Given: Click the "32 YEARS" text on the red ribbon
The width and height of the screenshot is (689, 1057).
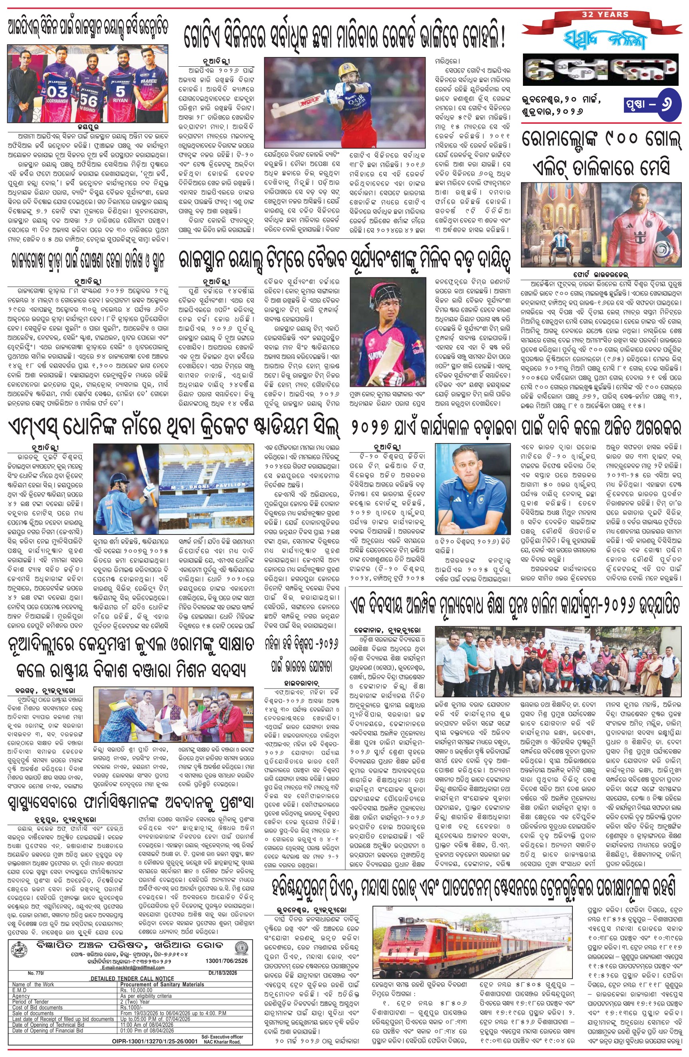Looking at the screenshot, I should (x=606, y=14).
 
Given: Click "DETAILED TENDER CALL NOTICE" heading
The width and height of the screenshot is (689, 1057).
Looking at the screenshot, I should (x=132, y=978).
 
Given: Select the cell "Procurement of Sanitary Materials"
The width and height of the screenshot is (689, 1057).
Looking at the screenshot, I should (x=162, y=984).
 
